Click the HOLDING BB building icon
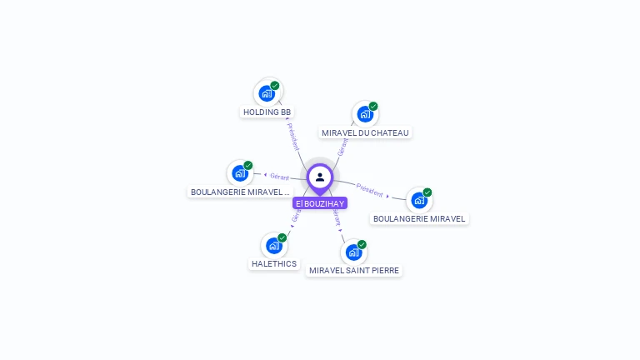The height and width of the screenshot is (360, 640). [x=267, y=92]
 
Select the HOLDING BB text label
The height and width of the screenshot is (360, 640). [x=267, y=112]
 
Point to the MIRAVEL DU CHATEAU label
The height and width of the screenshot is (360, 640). [x=366, y=132]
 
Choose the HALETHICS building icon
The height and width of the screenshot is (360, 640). [x=273, y=245]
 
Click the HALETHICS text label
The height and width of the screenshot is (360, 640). [x=273, y=264]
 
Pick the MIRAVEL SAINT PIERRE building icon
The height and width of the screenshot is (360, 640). [x=353, y=252]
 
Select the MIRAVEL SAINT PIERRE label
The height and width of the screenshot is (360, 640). [x=354, y=270]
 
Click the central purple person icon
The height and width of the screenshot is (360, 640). [x=320, y=177]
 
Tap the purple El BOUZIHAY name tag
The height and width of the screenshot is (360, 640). [x=320, y=203]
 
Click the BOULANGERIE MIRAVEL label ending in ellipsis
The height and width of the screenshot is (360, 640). [x=240, y=192]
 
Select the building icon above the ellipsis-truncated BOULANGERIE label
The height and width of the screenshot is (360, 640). [x=240, y=172]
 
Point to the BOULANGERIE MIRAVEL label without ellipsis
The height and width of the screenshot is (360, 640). [x=420, y=218]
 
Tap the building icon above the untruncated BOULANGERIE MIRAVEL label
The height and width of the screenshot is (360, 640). [x=419, y=200]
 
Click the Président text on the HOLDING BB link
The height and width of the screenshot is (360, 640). [x=292, y=136]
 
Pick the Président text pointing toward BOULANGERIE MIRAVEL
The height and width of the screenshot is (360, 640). [x=369, y=190]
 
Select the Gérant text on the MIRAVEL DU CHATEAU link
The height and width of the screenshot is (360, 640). [x=342, y=147]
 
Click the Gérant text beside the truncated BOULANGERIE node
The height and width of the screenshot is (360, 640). [x=279, y=177]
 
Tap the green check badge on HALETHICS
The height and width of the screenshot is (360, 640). [x=282, y=237]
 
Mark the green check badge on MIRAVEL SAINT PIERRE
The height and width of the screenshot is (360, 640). [x=362, y=244]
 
